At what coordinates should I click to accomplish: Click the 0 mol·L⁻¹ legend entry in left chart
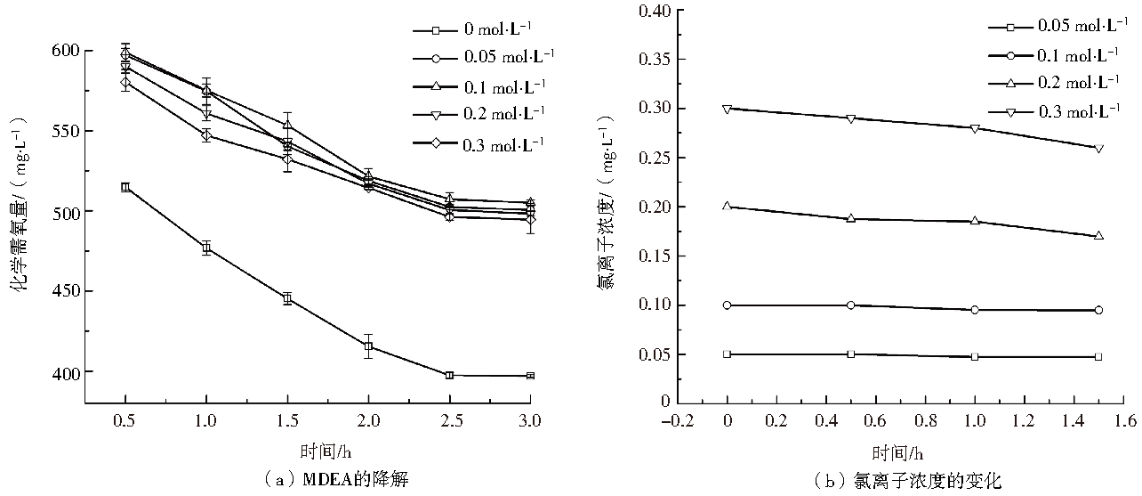coord(485,30)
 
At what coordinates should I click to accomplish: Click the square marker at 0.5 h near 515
coord(125,187)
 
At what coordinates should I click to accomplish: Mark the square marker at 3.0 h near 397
coord(530,376)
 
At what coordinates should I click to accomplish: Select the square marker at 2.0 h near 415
coord(368,346)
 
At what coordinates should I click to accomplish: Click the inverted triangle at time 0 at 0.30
coord(728,109)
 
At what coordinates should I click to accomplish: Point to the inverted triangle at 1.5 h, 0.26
coord(1098,149)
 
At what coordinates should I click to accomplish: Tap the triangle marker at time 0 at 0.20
coord(728,206)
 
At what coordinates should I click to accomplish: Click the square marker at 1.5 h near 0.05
coord(1098,356)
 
